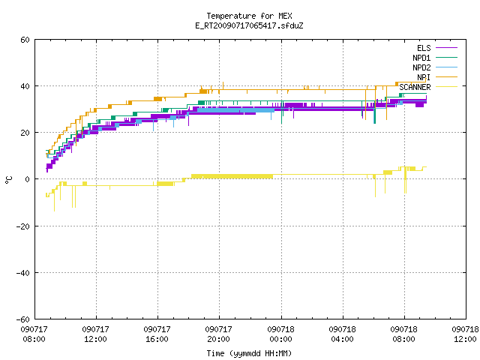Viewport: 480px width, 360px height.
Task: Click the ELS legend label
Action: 424,48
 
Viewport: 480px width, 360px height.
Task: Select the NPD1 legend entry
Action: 421,58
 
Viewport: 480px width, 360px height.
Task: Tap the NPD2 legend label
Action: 421,67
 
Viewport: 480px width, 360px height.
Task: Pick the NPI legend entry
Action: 424,77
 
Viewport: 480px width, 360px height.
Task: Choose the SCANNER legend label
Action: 415,87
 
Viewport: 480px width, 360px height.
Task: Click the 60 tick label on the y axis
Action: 25,40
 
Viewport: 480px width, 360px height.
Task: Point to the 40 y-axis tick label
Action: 25,86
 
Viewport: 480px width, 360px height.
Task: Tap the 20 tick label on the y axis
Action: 25,133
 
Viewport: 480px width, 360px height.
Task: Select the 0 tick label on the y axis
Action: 28,179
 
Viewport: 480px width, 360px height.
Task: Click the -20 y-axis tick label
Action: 23,226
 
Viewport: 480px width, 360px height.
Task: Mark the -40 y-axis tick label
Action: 23,273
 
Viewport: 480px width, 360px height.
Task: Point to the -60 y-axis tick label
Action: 23,319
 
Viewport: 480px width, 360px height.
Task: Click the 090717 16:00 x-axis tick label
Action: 157,334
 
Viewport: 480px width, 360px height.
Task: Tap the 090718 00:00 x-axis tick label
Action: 280,334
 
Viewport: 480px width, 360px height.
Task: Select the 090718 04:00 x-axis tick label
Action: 342,334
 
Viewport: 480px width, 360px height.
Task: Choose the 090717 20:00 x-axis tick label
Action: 218,334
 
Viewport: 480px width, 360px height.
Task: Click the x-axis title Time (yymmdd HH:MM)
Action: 249,353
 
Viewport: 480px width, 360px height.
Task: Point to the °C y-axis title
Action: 9,180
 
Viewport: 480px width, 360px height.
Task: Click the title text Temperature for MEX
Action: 249,16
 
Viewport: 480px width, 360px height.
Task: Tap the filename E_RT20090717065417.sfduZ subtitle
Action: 249,25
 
